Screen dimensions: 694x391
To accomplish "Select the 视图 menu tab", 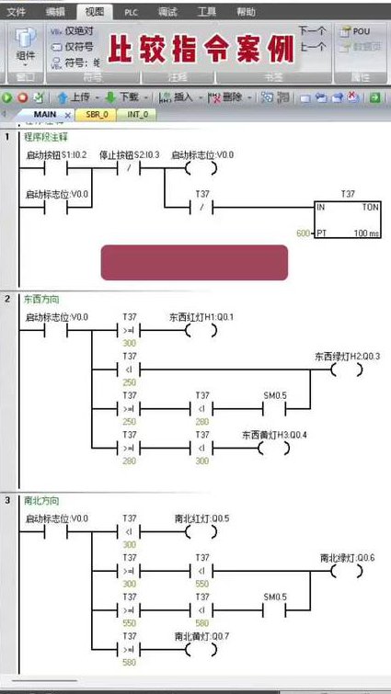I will point(94,12).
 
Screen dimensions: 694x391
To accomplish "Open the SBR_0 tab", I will point(97,115).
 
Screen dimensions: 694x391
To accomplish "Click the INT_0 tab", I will point(136,115).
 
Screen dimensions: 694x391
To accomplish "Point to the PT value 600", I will point(302,233).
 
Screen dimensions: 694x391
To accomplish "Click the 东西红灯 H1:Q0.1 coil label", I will point(201,316).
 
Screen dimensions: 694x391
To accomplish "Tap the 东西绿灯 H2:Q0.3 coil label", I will point(347,356).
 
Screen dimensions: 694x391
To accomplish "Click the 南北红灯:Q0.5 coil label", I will point(201,518).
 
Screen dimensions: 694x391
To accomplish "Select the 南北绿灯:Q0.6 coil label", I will point(347,557).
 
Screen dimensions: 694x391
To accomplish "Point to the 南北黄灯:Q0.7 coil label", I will point(201,636).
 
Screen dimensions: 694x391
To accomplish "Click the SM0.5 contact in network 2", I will point(275,395).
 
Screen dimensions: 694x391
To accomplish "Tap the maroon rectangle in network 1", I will point(194,262).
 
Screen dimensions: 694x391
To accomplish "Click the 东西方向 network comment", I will point(41,300).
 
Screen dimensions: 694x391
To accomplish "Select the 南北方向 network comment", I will point(41,501).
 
